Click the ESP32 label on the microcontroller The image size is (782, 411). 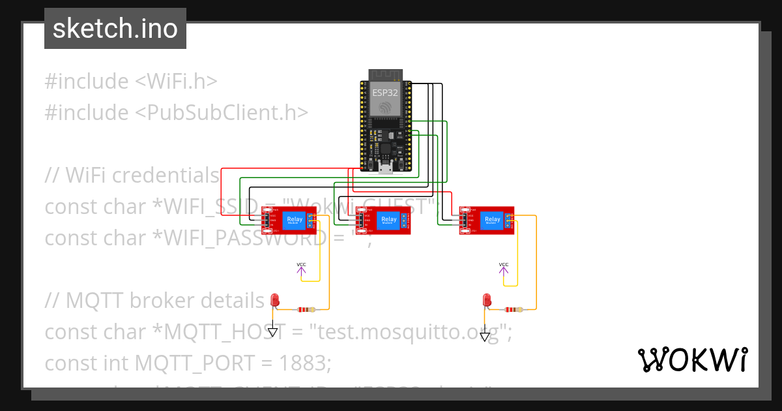coord(384,93)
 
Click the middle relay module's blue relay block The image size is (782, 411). coord(388,221)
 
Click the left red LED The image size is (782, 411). coord(275,300)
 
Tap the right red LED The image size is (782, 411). coord(486,300)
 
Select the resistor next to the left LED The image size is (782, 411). coord(306,310)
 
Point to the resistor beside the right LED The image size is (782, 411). coord(515,310)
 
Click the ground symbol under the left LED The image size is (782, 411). coord(273,332)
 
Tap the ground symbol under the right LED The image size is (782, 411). coord(485,337)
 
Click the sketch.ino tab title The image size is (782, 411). coord(115,29)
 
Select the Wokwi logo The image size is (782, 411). coord(692,359)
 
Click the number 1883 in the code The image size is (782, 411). coord(306,363)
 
